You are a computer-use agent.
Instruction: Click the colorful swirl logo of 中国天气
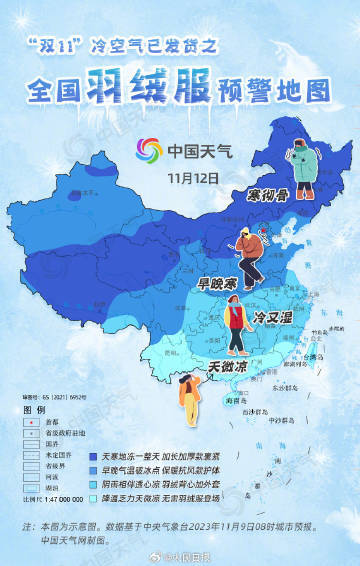[x=147, y=152]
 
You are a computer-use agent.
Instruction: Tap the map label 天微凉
[x=228, y=367]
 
